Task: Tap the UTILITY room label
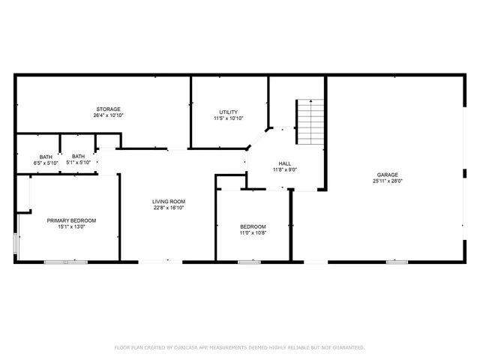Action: click(x=228, y=112)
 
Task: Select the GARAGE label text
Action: click(x=388, y=175)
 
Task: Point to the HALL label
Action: click(x=285, y=163)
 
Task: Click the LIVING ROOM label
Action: click(x=169, y=202)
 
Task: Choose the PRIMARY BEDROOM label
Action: click(x=72, y=220)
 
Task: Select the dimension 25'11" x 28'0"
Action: click(x=388, y=181)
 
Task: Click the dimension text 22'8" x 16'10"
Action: click(x=169, y=208)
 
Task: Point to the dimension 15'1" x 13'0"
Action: click(x=72, y=227)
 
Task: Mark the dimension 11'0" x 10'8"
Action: click(x=253, y=233)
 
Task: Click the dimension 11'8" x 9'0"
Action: click(x=285, y=170)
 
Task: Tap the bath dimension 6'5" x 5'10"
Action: click(x=46, y=163)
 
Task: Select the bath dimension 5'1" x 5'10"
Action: click(x=79, y=163)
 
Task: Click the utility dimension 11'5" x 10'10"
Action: click(x=228, y=118)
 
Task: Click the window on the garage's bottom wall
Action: click(x=396, y=262)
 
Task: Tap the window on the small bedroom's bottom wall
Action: click(x=244, y=262)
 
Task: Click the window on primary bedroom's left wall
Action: click(x=16, y=246)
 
